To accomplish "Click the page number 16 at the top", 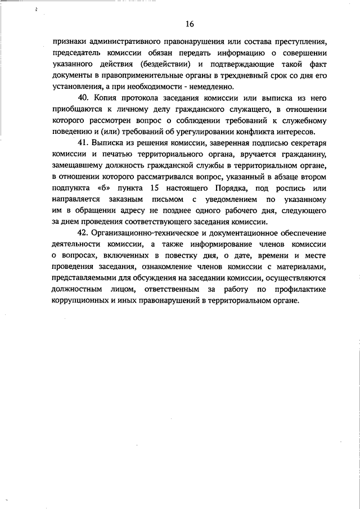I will click(x=189, y=24).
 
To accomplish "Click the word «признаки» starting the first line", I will click(x=66, y=42).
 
